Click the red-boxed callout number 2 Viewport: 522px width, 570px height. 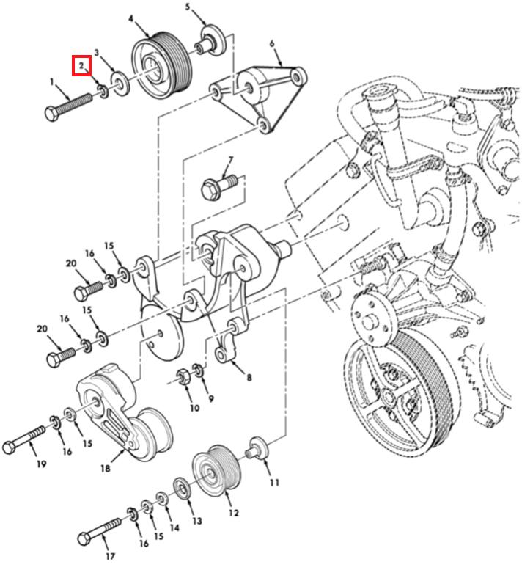[81, 66]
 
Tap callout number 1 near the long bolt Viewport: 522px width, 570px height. [52, 83]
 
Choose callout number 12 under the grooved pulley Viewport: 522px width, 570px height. [234, 513]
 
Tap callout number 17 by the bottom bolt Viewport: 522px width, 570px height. [111, 556]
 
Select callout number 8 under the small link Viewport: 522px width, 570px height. [249, 378]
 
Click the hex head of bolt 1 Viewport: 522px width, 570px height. [51, 115]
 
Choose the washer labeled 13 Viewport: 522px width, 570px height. [180, 487]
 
